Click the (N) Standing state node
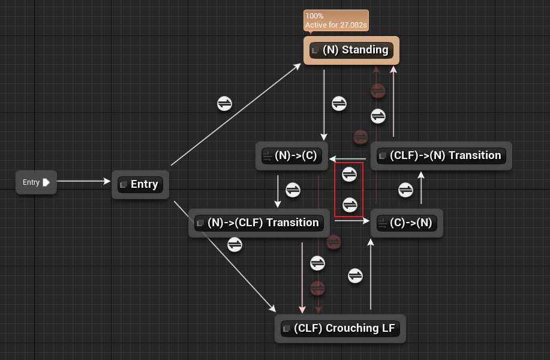351,50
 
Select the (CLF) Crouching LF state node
340,329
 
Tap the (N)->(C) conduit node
290,157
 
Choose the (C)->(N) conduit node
406,223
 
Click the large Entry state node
140,184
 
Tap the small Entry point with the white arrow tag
36,182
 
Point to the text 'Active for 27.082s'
336,25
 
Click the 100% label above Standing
315,16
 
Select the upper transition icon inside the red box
349,174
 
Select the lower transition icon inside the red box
349,203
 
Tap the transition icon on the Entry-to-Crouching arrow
235,244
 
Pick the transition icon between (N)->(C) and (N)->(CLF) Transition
293,190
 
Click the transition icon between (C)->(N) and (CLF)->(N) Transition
406,190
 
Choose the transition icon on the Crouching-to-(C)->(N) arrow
356,275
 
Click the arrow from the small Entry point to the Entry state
84,181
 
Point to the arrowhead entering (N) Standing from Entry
297,67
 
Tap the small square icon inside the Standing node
315,50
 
